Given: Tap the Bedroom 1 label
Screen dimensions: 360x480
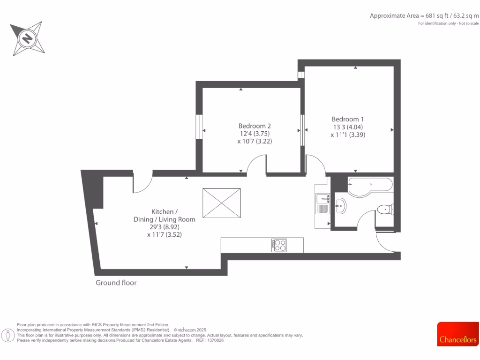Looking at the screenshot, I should pos(347,119).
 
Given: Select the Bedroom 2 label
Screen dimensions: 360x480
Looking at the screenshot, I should pos(255,126).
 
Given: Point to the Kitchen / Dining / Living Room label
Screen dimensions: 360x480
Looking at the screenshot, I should pos(164,215).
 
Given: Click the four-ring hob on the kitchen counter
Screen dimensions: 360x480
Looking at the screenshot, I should pos(279,245).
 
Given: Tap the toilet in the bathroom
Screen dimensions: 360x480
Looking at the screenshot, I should pos(386,209).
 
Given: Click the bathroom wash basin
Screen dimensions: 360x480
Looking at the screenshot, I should pos(341,205).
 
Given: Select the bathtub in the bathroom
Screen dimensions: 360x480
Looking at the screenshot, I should pos(370,185).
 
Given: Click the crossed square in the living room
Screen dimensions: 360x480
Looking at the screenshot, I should pos(221,203).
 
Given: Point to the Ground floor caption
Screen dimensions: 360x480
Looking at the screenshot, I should pos(116,283).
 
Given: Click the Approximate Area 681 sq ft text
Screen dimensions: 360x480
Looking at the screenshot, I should pos(424,15).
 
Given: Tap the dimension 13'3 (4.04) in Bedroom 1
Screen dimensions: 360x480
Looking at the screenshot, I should pos(347,127).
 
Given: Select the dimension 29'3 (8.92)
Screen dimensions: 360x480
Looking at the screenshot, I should pos(164,227).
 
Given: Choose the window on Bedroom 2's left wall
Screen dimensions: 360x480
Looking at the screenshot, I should pos(199,126).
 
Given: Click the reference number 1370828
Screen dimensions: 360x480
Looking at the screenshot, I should pos(215,340).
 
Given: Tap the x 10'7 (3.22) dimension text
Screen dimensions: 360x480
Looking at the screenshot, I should pos(255,141).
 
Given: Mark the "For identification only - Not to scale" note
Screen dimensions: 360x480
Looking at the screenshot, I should pos(449,23).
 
